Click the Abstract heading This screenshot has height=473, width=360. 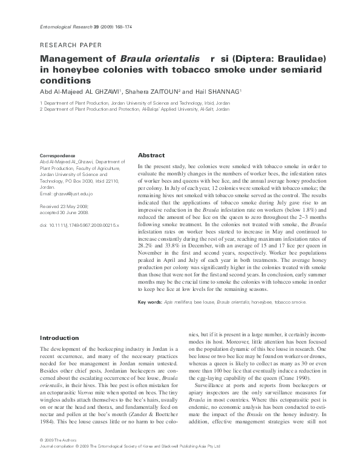click(151, 155)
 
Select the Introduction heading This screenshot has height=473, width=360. click(59, 338)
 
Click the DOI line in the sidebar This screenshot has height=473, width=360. click(71, 224)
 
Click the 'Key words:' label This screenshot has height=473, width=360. click(150, 302)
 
